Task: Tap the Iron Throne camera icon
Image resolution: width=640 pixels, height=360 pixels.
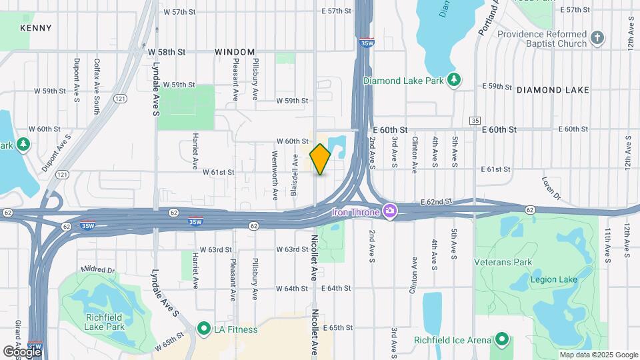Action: pos(390,213)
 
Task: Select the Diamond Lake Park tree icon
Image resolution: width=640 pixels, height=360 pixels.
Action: pos(454,81)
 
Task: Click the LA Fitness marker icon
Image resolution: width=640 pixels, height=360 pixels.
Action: pos(203,329)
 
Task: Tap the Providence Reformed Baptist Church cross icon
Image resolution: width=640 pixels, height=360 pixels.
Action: pos(597,39)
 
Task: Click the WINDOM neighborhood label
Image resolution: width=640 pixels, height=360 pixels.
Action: pos(235,52)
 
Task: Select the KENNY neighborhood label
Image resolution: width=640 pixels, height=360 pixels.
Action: pos(36,28)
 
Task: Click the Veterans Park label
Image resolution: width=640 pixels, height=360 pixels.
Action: pos(503,262)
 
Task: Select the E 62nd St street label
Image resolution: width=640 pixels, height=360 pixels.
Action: pos(436,201)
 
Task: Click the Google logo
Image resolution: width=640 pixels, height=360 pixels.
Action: pos(23,351)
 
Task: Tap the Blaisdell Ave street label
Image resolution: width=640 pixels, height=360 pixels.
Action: pos(294,175)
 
